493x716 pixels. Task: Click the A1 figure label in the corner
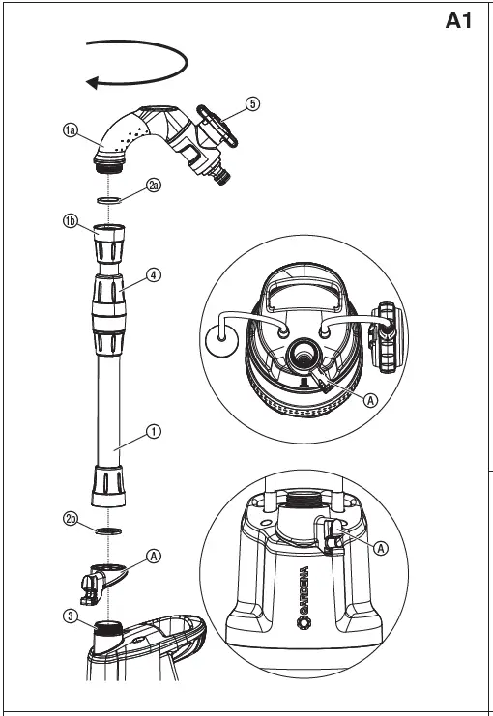click(458, 21)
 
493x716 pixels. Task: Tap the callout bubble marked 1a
click(71, 130)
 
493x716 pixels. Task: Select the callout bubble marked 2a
click(154, 185)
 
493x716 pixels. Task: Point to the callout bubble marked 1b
click(71, 221)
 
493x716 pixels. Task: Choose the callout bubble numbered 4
click(154, 274)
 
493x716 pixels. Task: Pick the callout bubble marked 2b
click(71, 520)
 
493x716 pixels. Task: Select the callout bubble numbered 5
click(252, 104)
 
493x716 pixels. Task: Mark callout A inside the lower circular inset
click(380, 547)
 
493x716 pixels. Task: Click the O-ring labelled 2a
click(111, 200)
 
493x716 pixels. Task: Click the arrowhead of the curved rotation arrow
click(94, 82)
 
